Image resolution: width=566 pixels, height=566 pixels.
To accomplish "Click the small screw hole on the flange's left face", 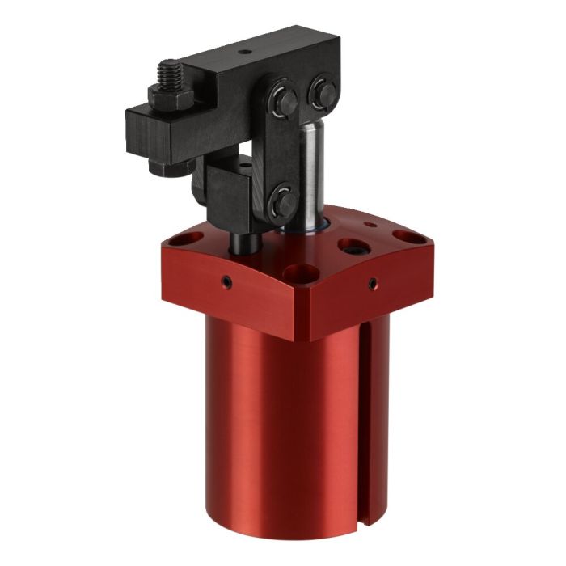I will coord(228,282).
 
